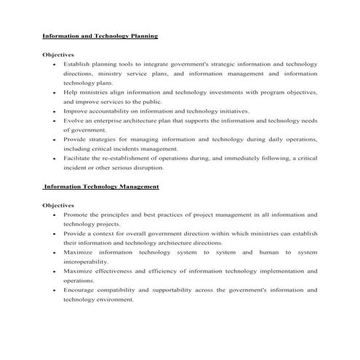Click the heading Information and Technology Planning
point(100,36)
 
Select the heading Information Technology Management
point(101,187)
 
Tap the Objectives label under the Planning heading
point(58,55)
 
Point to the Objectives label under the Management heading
point(58,206)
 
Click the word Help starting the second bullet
point(71,92)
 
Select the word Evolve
point(73,121)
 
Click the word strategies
point(111,140)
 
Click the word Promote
point(76,215)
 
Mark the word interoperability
point(86,262)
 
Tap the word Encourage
point(80,290)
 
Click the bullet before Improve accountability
point(56,112)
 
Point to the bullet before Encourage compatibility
point(56,291)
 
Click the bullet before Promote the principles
point(56,216)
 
